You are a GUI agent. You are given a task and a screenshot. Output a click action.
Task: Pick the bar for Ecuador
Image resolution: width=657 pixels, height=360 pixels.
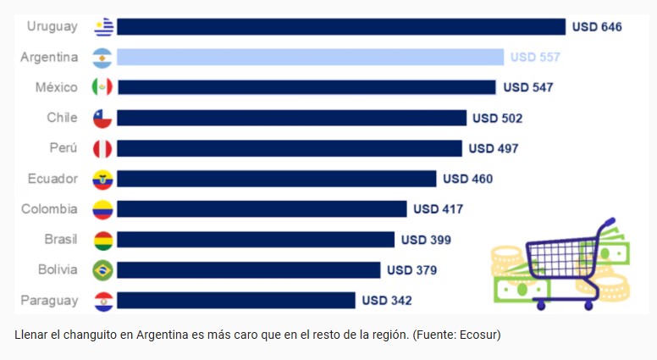(276, 179)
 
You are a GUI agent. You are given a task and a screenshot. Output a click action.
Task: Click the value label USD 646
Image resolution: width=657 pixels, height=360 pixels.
(597, 27)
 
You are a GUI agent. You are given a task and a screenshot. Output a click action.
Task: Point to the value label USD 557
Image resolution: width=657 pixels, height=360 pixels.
(535, 58)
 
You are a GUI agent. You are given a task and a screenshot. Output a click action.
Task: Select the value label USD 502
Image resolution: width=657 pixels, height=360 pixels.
(497, 119)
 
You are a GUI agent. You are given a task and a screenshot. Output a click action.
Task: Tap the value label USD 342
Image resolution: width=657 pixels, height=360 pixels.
(387, 301)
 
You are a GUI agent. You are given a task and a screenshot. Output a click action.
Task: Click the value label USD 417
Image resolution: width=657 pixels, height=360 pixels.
(438, 209)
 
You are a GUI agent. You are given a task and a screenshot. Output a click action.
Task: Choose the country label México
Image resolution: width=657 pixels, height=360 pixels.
(56, 87)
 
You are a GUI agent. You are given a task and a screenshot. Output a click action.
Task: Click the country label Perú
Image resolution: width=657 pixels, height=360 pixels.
(63, 148)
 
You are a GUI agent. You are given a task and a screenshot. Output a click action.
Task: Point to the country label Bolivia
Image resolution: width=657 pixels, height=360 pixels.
(58, 270)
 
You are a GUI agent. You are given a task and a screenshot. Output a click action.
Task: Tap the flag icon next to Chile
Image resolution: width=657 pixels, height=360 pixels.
(102, 119)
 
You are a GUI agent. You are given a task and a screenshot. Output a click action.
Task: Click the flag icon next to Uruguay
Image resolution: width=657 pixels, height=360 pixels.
(103, 27)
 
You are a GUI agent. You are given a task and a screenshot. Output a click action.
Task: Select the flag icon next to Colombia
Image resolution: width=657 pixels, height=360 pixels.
(102, 209)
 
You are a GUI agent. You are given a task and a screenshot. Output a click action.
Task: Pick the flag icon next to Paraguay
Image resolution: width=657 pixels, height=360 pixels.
(102, 301)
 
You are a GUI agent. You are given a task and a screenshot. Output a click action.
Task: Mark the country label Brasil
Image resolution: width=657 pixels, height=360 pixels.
(61, 240)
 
